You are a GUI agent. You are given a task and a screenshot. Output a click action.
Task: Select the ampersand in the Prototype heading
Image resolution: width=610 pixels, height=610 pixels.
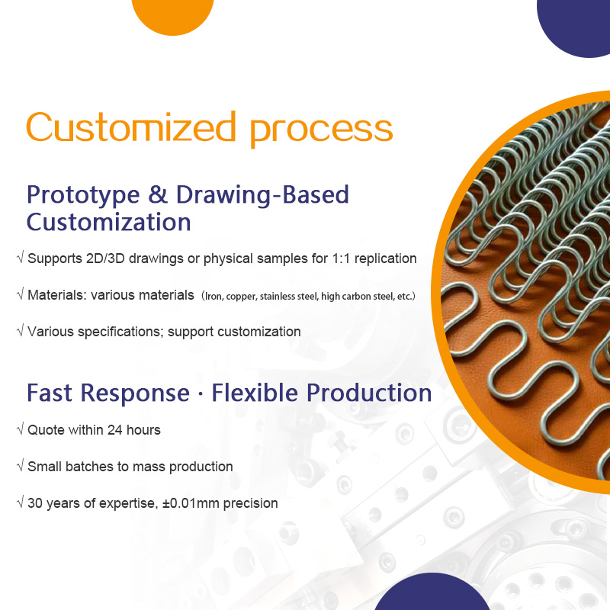(x=158, y=194)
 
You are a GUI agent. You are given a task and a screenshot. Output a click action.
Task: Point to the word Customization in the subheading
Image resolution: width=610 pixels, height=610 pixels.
(x=108, y=223)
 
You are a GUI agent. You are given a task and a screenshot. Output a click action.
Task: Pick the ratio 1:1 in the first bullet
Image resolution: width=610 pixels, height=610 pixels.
(x=339, y=258)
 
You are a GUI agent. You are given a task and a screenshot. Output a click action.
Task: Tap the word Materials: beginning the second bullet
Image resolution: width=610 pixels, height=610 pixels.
(x=57, y=295)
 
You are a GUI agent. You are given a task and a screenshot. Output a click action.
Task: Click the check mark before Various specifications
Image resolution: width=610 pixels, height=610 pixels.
(x=20, y=331)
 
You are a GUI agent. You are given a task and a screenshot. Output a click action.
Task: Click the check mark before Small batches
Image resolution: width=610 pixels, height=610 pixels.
(x=20, y=466)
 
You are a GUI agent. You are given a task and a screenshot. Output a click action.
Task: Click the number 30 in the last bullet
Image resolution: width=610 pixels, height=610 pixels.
(x=35, y=503)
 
